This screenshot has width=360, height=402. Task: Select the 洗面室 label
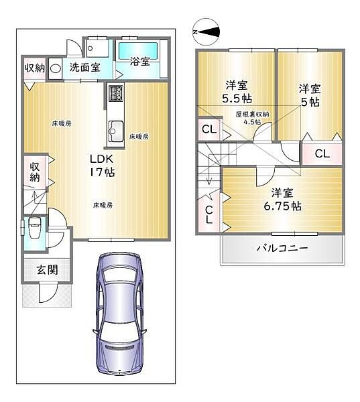click(x=85, y=67)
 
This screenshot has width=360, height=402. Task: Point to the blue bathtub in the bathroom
click(x=138, y=48)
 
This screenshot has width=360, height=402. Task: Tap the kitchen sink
click(x=114, y=128)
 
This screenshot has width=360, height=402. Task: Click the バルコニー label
click(x=282, y=249)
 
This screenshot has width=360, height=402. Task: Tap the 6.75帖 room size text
click(x=282, y=206)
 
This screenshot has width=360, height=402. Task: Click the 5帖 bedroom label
click(x=308, y=94)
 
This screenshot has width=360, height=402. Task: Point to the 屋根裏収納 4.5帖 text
click(x=252, y=119)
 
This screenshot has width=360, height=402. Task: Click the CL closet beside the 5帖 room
click(x=322, y=153)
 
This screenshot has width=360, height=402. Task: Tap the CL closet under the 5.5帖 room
click(x=208, y=129)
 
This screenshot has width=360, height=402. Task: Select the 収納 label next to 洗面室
click(x=35, y=68)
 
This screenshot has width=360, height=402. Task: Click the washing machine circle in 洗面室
click(x=56, y=68)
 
